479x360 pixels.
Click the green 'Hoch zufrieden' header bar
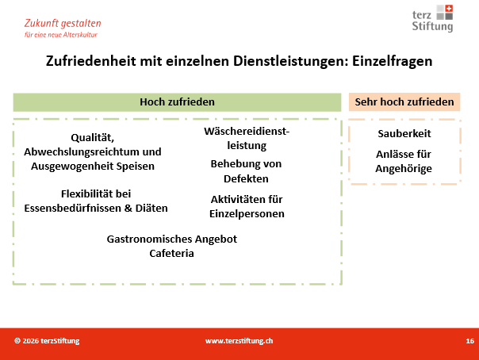click(177, 102)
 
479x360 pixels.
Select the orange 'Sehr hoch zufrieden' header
click(404, 102)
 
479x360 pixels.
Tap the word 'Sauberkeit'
click(404, 133)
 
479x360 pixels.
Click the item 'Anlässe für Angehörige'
click(404, 161)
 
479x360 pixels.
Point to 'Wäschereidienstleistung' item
click(247, 138)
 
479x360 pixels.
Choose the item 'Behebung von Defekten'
click(246, 171)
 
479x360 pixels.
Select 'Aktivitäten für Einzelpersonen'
click(247, 206)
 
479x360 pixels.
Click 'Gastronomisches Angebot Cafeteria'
click(171, 246)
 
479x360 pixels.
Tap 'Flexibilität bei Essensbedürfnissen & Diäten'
click(96, 201)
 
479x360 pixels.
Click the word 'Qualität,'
click(92, 138)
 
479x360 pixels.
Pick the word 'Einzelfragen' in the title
click(393, 61)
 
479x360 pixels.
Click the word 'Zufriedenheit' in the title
click(90, 61)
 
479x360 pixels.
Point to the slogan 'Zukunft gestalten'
click(63, 24)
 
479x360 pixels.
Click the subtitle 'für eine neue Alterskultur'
click(61, 35)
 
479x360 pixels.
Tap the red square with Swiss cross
click(449, 9)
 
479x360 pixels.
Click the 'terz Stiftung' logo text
click(432, 21)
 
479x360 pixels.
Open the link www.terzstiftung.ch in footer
click(239, 341)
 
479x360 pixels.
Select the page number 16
click(469, 341)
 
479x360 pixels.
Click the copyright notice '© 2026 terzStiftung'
click(47, 341)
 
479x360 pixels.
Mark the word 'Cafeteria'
click(171, 254)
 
